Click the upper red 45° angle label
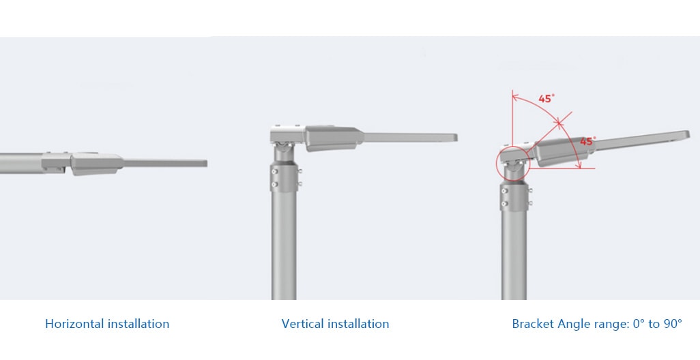click(x=546, y=99)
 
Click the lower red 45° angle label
click(x=587, y=141)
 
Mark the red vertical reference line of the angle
click(x=513, y=119)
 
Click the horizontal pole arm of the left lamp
click(x=20, y=164)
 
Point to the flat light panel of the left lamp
click(x=164, y=164)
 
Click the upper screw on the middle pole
click(x=274, y=170)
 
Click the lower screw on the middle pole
click(x=274, y=184)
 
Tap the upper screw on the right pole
click(x=504, y=190)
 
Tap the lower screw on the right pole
click(x=504, y=204)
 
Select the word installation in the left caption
click(x=137, y=324)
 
